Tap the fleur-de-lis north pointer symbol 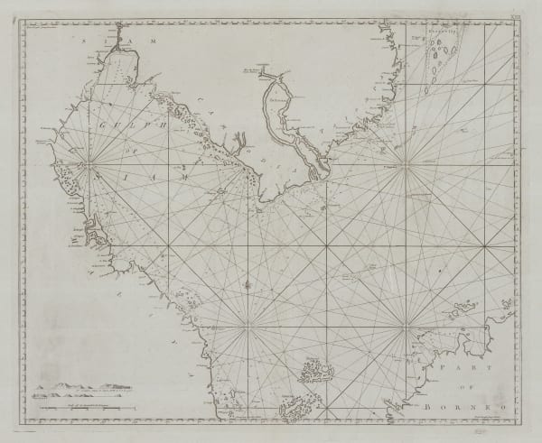tap(244, 285)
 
